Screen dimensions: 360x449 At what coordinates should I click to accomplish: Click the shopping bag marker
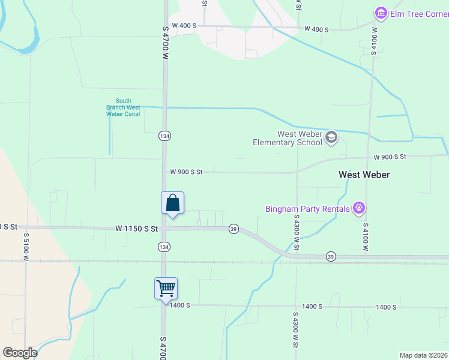click(172, 203)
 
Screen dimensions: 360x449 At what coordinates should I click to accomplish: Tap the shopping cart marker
click(166, 289)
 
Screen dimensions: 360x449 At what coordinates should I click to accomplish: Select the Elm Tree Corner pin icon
click(380, 13)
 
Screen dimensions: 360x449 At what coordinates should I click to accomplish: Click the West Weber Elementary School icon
click(331, 139)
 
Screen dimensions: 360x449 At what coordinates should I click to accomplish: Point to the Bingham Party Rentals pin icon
click(359, 208)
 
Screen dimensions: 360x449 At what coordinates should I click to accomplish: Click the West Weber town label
click(364, 175)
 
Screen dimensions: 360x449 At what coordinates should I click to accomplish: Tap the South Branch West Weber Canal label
click(123, 107)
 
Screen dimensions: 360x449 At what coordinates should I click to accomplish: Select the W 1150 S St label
click(136, 229)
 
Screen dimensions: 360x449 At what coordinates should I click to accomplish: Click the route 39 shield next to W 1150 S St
click(234, 229)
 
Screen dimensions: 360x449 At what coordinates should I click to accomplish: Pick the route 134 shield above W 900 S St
click(164, 136)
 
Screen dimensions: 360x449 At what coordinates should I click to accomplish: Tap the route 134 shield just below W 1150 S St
click(164, 247)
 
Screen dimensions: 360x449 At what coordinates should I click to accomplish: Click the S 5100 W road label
click(26, 250)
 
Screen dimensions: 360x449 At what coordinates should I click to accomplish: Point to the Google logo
click(20, 352)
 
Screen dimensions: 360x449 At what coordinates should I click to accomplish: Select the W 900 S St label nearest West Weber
click(390, 157)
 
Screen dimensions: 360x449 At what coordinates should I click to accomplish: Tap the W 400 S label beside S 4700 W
click(184, 26)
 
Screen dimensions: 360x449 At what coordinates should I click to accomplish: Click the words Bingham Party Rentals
click(307, 209)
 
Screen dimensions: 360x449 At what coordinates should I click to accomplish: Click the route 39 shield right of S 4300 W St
click(331, 256)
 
